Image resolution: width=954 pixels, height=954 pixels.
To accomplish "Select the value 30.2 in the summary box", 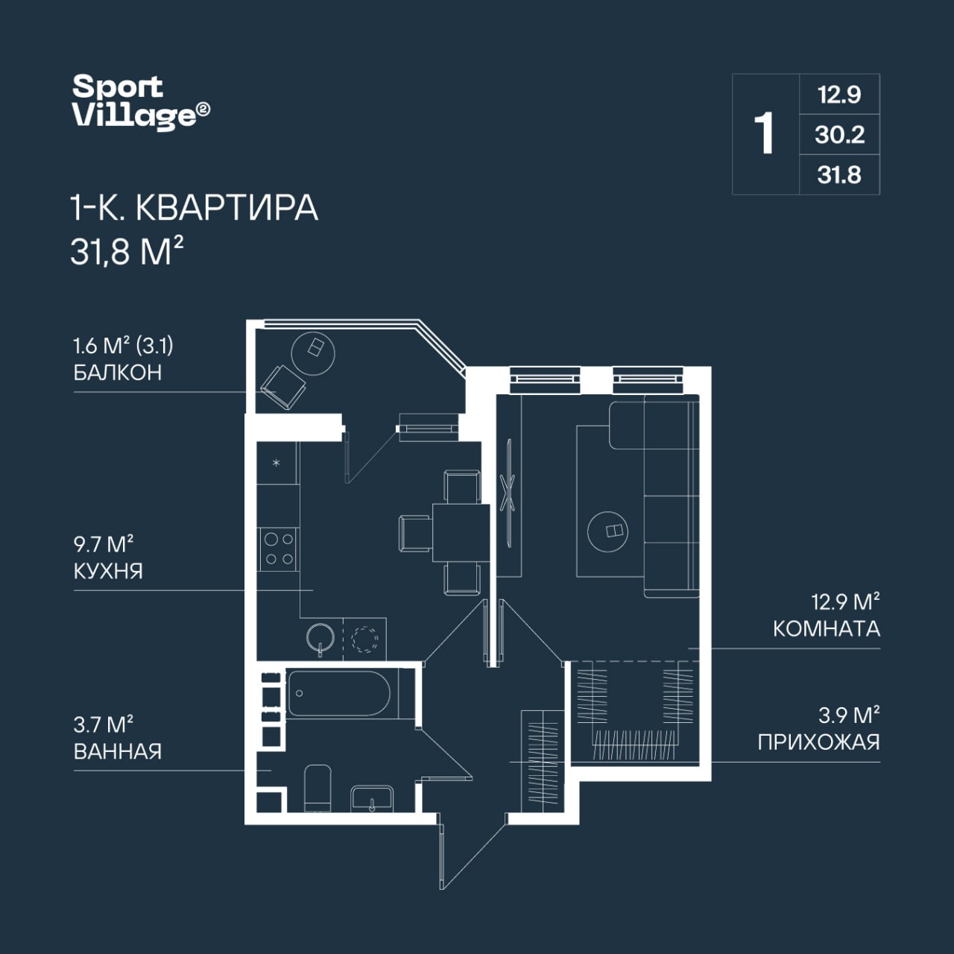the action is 840,135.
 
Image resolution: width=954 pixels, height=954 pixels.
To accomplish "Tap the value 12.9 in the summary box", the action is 840,95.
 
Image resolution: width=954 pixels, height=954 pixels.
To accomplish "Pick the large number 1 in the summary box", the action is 764,133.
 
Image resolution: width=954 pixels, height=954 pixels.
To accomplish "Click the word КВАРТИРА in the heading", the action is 227,208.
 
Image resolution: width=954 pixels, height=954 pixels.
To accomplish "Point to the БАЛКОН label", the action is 118,373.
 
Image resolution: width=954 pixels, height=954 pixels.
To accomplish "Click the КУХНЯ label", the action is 108,572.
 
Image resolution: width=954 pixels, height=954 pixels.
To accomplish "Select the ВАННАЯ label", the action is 118,751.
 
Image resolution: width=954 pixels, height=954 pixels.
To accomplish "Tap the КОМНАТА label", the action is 827,629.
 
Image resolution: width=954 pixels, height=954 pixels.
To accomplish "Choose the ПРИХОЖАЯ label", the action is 819,742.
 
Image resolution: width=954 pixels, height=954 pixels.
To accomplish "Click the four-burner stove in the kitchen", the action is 278,549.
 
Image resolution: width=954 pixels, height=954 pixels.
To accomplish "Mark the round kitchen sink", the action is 320,639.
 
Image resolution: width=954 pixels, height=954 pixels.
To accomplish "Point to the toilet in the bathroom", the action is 318,788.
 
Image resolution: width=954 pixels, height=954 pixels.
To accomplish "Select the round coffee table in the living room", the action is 607,531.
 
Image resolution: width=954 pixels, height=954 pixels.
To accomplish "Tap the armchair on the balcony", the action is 283,388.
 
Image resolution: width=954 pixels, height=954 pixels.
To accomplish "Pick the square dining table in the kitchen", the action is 461,533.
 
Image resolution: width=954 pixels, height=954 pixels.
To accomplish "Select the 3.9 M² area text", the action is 849,715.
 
